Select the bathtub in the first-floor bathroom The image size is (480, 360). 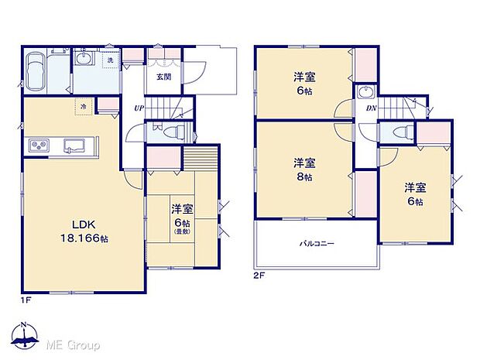35,74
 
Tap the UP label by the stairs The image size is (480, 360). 138,108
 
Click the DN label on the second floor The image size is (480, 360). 371,108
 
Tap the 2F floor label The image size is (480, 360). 257,275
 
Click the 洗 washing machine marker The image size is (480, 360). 110,60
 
